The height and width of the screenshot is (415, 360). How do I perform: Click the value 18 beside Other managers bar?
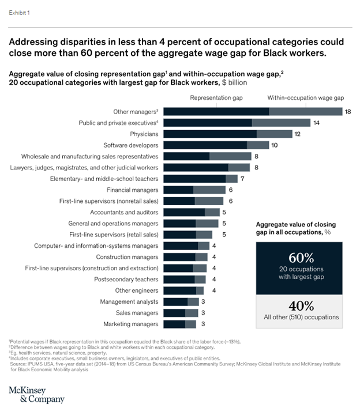348,111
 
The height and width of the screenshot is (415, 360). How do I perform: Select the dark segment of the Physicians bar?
210,134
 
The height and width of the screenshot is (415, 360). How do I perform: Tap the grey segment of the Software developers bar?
258,145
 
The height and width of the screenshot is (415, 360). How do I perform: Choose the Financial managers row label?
132,190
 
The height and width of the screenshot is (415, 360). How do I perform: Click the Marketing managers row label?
130,324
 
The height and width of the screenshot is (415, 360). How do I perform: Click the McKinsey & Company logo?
35,394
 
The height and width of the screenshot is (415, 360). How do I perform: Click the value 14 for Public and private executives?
316,123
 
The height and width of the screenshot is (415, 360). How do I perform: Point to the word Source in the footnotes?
21,364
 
